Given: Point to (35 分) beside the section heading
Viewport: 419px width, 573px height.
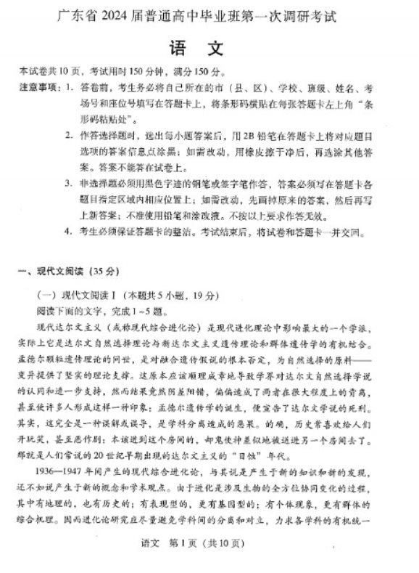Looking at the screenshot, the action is coord(101,272).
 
